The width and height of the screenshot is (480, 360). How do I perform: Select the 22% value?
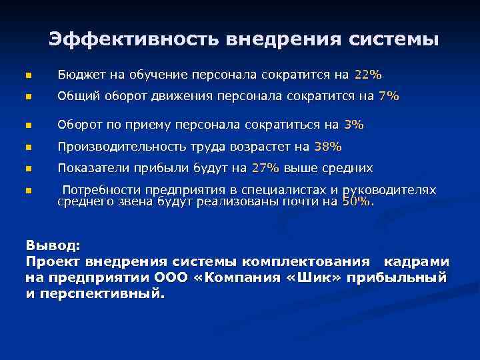369,73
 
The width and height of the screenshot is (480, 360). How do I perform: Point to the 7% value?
388,96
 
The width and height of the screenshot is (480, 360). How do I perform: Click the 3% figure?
354,124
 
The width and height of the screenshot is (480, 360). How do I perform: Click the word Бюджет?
79,73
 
